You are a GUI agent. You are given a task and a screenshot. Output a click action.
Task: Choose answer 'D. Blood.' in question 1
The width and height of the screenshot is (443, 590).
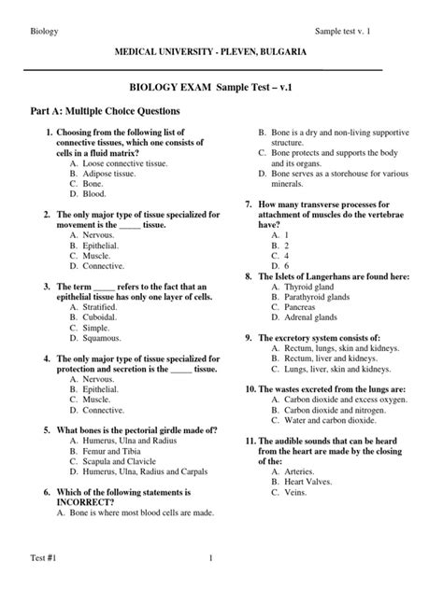pyautogui.click(x=88, y=193)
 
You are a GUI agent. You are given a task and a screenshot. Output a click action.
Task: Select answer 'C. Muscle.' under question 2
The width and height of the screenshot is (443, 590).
pyautogui.click(x=92, y=254)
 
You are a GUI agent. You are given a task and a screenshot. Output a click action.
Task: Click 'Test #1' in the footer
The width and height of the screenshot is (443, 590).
pyautogui.click(x=38, y=559)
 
